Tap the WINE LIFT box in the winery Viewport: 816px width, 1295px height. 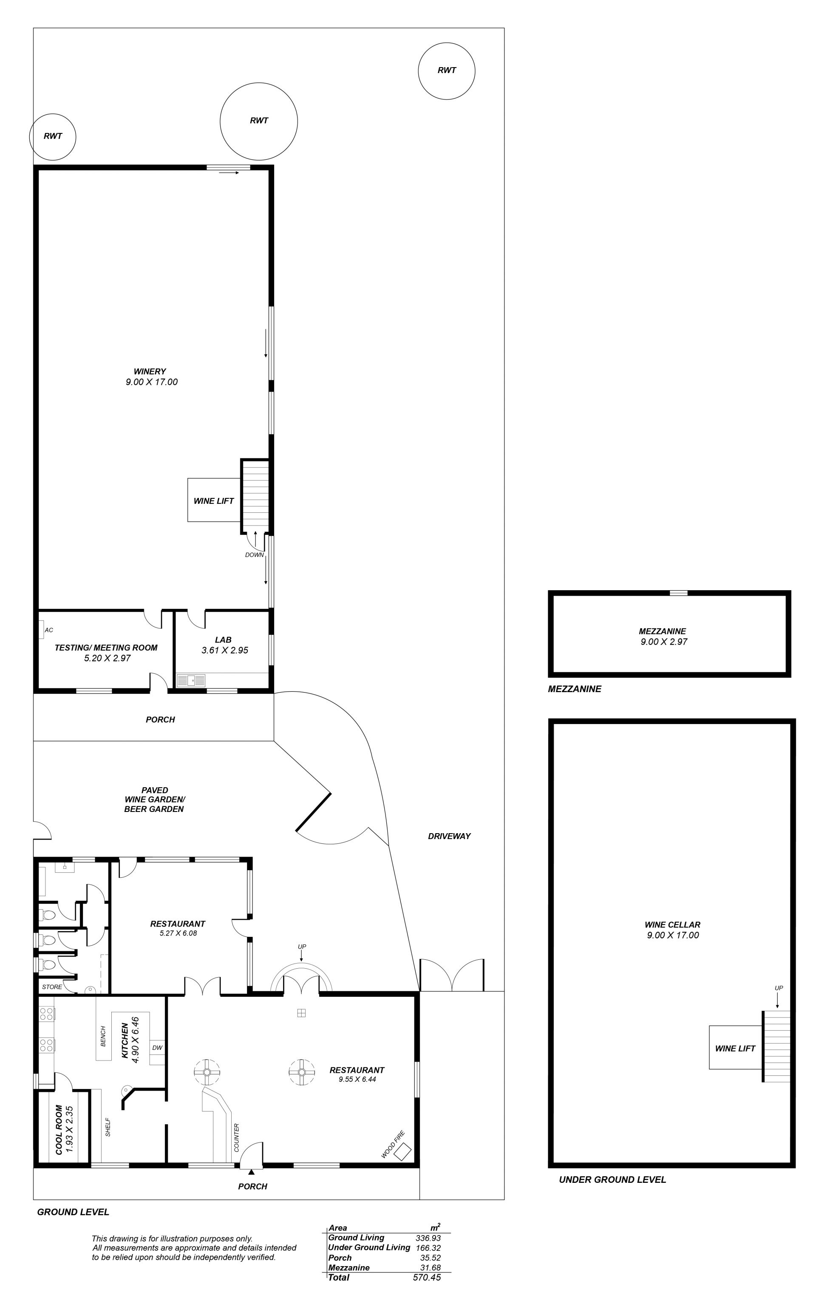click(213, 500)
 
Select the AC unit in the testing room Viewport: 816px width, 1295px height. click(41, 630)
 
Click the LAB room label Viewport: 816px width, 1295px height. click(223, 639)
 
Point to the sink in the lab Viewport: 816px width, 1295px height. click(191, 680)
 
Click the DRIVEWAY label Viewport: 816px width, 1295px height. click(449, 836)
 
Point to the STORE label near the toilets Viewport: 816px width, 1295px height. click(52, 987)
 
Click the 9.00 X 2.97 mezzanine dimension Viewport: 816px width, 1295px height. click(664, 642)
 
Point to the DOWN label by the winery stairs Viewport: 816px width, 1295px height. click(255, 554)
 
